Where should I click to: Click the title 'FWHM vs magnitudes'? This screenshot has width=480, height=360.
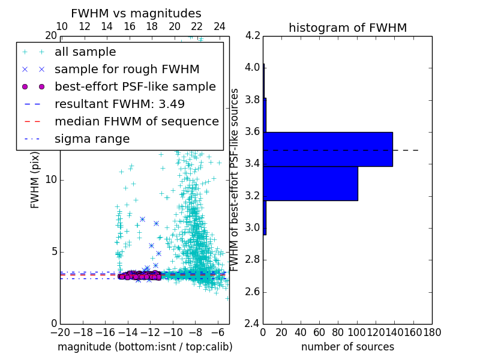coord(136,13)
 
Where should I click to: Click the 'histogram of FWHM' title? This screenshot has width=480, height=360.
coord(347,28)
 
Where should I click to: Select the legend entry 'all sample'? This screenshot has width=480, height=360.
coord(85,52)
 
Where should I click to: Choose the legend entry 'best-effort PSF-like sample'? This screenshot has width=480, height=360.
coord(135,86)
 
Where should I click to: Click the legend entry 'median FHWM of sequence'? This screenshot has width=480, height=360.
coord(136,121)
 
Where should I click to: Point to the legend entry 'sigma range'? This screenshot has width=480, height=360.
coord(92,139)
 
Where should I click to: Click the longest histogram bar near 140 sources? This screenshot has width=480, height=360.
coord(328,149)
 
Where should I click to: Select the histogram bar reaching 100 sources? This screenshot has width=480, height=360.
coord(310,184)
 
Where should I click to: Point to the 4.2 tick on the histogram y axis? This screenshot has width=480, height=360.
coord(253,35)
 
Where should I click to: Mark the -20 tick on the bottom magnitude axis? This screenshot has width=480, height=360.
coord(60,332)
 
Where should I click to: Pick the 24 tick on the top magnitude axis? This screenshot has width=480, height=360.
coord(220,27)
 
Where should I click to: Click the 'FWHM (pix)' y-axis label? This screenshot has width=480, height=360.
coord(35,180)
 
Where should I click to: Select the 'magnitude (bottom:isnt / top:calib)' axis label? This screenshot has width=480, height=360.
coord(145,347)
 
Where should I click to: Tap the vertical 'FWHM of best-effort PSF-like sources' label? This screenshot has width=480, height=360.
coord(235,179)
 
